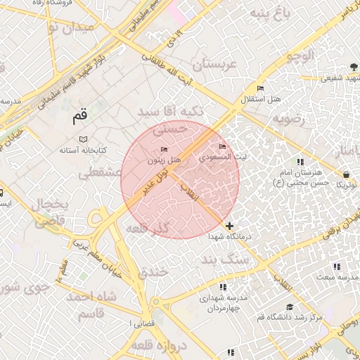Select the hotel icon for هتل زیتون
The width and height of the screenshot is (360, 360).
(x=165, y=149)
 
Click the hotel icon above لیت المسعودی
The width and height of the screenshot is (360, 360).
(x=223, y=146)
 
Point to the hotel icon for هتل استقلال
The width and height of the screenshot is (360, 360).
(x=261, y=89)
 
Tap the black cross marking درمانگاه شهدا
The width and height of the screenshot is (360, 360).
(x=230, y=226)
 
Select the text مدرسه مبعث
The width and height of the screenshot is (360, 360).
(x=336, y=277)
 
